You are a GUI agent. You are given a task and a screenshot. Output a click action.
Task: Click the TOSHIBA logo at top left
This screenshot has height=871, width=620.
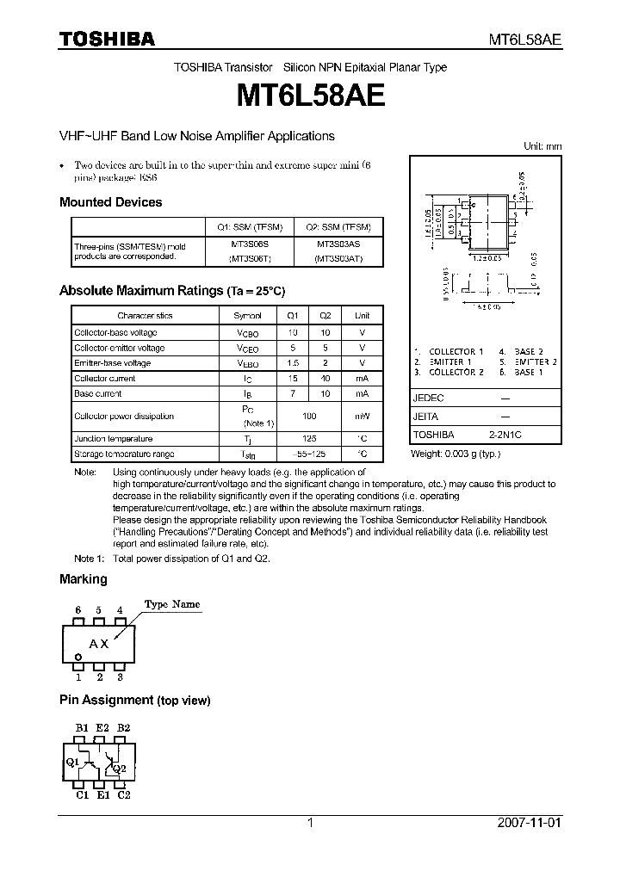coord(107,39)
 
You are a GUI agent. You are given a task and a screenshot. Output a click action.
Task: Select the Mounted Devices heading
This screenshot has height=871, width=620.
coord(110,202)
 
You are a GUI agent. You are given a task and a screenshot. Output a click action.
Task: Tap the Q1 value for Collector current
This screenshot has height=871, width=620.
coord(293,378)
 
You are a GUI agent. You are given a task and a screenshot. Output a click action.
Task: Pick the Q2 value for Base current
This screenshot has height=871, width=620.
coord(325,393)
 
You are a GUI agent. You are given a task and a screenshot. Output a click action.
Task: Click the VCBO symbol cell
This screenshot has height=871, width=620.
coord(248,332)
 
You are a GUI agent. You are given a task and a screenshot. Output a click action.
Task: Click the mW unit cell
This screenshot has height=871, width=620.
coord(363,416)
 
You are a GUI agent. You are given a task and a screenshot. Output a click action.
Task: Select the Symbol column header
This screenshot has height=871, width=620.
coord(248,316)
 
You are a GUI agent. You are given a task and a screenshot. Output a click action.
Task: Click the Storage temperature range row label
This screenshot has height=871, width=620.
coord(124,454)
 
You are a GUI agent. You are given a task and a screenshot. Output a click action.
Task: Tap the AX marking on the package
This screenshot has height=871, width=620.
coord(99,644)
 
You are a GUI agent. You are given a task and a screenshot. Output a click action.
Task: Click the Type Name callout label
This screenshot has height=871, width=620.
coord(171,604)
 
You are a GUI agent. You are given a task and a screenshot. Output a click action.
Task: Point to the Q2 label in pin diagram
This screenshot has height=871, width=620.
coord(119,768)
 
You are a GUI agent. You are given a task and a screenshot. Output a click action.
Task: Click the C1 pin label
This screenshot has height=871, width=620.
coord(83,795)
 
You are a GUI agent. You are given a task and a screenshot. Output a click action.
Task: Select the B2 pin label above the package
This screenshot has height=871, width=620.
coord(123,727)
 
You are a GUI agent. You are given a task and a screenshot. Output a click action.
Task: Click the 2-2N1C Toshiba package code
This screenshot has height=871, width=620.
coord(505,435)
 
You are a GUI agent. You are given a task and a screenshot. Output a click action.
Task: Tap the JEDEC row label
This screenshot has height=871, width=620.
coord(428,398)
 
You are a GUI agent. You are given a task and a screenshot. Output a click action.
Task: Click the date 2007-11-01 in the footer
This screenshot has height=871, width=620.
coord(529,823)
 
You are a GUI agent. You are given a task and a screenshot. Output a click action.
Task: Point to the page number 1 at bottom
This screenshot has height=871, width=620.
coord(310,823)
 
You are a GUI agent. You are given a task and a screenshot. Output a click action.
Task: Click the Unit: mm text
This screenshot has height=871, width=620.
coord(542,146)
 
